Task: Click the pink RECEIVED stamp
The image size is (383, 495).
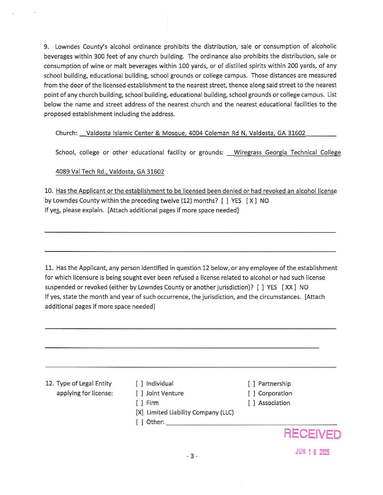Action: click(312, 434)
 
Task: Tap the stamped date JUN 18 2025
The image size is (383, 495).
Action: click(312, 452)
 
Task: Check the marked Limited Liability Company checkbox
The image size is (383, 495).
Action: click(140, 412)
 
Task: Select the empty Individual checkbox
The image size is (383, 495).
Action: click(139, 384)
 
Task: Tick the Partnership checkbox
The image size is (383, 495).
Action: click(252, 384)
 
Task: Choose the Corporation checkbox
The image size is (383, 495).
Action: click(252, 393)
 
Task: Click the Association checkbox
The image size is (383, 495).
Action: click(252, 403)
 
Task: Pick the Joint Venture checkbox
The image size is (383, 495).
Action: click(139, 393)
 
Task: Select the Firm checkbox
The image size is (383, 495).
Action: click(139, 403)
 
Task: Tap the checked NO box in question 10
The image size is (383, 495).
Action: click(251, 201)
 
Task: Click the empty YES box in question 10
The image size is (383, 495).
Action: click(224, 201)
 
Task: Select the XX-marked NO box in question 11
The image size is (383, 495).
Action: click(289, 287)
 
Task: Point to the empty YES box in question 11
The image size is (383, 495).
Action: click(260, 287)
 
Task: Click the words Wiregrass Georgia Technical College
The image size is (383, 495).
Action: click(287, 152)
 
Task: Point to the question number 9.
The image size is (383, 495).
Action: click(46, 46)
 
